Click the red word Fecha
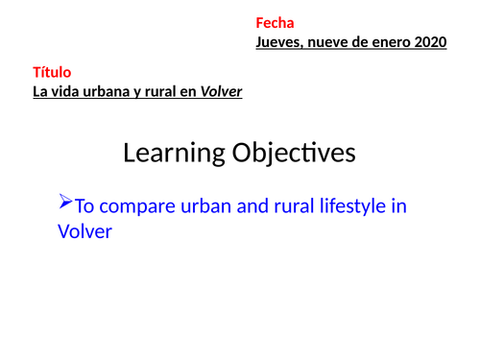point(275,23)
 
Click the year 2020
point(430,42)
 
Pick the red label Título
point(52,72)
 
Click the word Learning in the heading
point(171,153)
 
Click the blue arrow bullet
point(65,203)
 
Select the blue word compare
point(137,205)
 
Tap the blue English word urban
point(205,205)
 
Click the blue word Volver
point(85,231)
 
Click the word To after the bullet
point(85,205)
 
